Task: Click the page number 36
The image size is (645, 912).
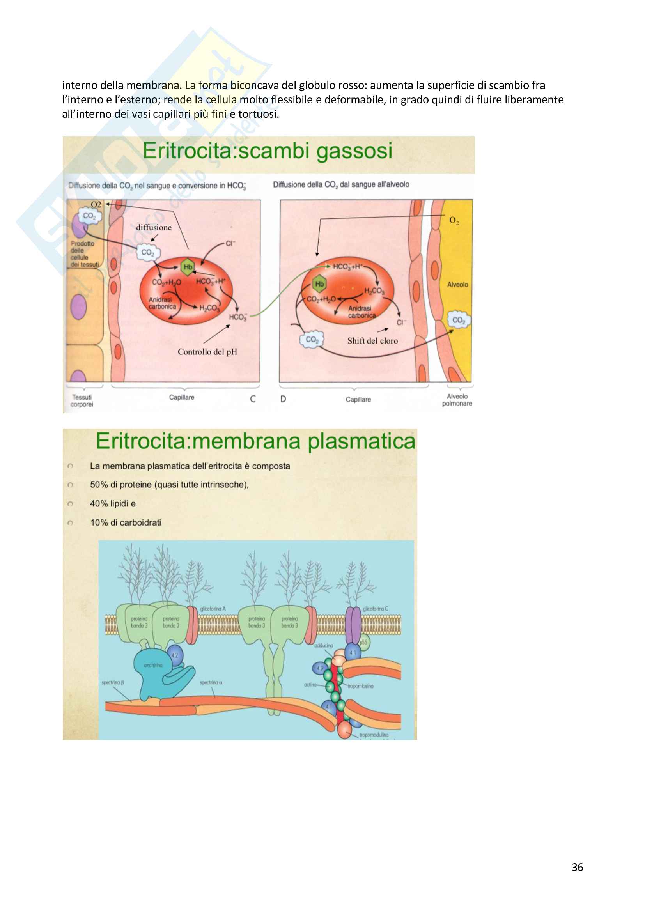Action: pyautogui.click(x=577, y=867)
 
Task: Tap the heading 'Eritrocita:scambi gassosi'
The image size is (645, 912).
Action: pyautogui.click(x=267, y=151)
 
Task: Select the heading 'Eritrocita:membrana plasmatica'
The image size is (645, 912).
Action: pyautogui.click(x=255, y=441)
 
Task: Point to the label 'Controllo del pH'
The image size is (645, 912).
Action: pyautogui.click(x=207, y=352)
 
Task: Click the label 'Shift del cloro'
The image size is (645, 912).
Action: pyautogui.click(x=372, y=341)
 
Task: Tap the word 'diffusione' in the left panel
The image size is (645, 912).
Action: pyautogui.click(x=154, y=228)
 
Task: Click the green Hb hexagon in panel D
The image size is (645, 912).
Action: pyautogui.click(x=319, y=283)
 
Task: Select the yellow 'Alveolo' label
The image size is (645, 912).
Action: pyautogui.click(x=457, y=284)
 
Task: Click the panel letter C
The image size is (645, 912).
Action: pyautogui.click(x=253, y=399)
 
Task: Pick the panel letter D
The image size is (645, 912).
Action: pyautogui.click(x=283, y=399)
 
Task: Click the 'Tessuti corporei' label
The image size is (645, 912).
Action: pyautogui.click(x=82, y=401)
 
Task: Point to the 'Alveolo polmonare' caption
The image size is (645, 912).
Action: pyautogui.click(x=457, y=400)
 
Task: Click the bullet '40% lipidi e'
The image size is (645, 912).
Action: pyautogui.click(x=113, y=504)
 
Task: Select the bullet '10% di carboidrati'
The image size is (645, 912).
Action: pyautogui.click(x=126, y=523)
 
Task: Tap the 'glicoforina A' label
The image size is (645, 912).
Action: pyautogui.click(x=213, y=609)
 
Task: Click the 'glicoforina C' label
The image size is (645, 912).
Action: pyautogui.click(x=375, y=609)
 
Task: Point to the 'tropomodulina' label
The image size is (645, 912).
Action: pyautogui.click(x=374, y=735)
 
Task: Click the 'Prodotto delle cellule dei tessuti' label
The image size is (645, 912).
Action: pyautogui.click(x=84, y=254)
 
